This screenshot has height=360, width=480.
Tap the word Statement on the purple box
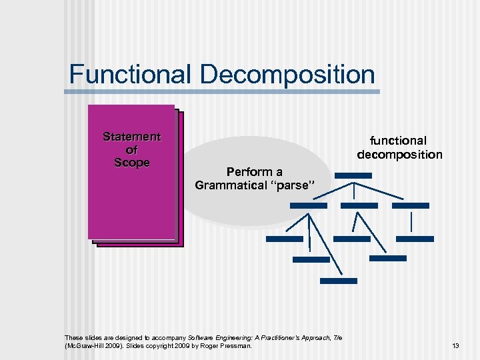(132, 137)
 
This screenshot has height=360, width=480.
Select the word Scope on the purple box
(132, 163)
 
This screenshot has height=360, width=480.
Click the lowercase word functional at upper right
(399, 141)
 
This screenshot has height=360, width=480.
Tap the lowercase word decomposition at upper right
(399, 155)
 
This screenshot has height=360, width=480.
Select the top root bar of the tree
(353, 175)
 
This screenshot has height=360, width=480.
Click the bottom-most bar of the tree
(338, 281)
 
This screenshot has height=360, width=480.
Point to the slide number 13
(456, 346)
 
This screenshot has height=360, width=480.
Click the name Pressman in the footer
(238, 346)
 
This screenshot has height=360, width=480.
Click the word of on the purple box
(132, 150)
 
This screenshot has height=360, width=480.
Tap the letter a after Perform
(279, 172)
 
